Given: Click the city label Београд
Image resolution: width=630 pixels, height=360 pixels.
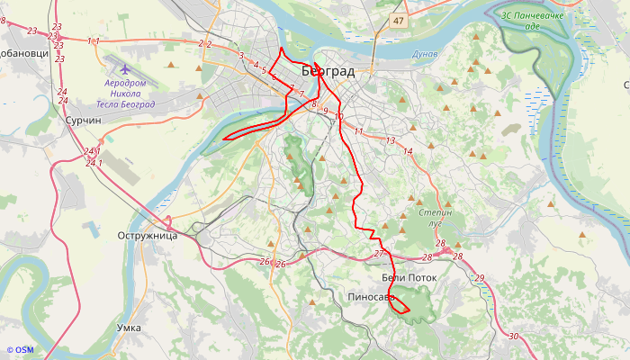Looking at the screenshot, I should tap(328, 71).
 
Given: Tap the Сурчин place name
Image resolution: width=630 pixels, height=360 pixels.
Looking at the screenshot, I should tap(82, 120).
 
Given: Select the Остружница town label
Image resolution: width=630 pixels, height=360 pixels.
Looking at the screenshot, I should tap(147, 236).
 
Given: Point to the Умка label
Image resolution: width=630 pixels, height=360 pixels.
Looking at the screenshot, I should tap(129, 328).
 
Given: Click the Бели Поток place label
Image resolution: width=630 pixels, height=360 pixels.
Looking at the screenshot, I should tap(409, 278).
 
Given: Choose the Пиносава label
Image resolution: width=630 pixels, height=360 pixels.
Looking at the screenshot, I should tap(371, 296).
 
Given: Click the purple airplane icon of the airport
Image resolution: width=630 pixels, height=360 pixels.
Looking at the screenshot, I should tap(124, 68).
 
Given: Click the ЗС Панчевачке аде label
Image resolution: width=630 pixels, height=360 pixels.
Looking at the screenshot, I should tap(533, 20).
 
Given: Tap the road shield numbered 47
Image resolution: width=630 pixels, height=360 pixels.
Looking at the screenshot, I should tap(399, 19).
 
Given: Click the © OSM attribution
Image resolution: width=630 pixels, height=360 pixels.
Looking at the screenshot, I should tap(19, 350).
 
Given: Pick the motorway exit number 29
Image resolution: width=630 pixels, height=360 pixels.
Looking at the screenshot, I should tap(479, 278).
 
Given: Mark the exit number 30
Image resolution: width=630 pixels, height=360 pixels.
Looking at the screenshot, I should tap(513, 336).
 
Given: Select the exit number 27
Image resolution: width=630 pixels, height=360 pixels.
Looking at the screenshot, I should tap(379, 254).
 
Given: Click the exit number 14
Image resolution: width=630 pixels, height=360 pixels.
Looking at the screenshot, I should tap(408, 152).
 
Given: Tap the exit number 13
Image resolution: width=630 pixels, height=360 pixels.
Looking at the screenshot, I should tap(390, 141).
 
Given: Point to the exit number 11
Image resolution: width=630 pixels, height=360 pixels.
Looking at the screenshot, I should tap(358, 132).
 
